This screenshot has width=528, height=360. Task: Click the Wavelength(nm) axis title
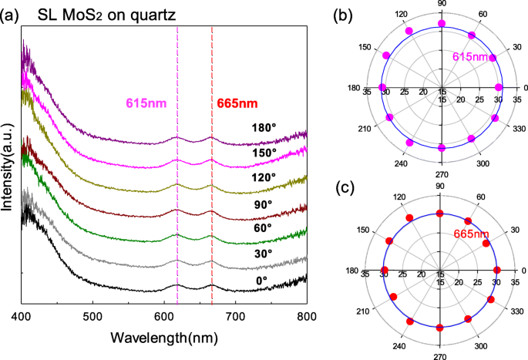164,338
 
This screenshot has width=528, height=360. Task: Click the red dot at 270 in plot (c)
440,327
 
